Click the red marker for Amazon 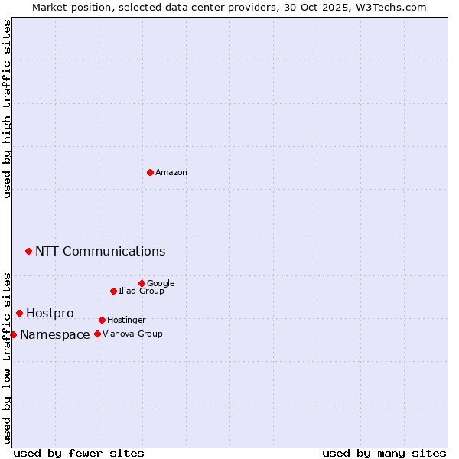click(x=150, y=172)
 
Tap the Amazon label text click(x=171, y=173)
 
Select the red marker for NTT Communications click(x=28, y=251)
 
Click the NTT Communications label click(x=100, y=252)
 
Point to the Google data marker click(x=142, y=283)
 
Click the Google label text click(x=161, y=284)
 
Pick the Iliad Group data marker click(x=113, y=291)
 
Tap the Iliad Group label click(x=142, y=291)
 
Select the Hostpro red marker click(x=19, y=313)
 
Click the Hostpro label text click(x=50, y=314)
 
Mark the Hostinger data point click(x=102, y=320)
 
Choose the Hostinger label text click(x=126, y=321)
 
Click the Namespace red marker click(x=13, y=334)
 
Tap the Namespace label click(x=55, y=335)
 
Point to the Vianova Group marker click(x=97, y=334)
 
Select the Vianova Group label click(x=132, y=334)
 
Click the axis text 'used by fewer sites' click(x=79, y=454)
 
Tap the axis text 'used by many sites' click(x=384, y=454)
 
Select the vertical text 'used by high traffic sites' click(x=7, y=109)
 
